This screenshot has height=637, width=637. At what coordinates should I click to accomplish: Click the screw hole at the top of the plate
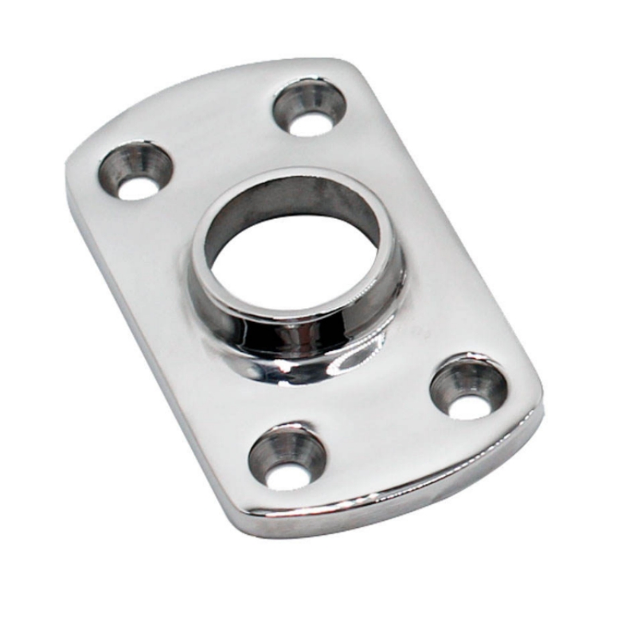(x=310, y=107)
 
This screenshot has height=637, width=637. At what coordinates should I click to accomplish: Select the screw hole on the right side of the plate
(x=469, y=389)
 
